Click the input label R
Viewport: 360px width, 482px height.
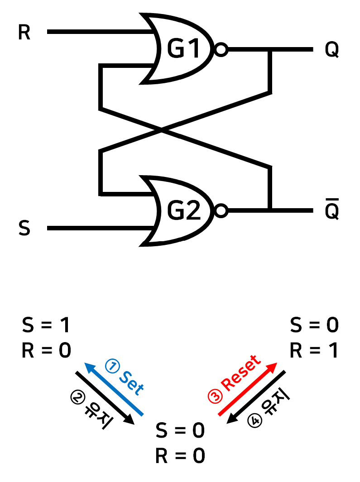click(x=24, y=33)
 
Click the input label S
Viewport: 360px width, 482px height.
click(x=24, y=228)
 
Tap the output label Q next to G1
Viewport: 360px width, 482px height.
click(x=332, y=50)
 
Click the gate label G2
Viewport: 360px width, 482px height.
click(x=183, y=211)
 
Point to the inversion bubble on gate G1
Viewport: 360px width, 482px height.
click(x=221, y=50)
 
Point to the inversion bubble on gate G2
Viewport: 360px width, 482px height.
click(x=221, y=211)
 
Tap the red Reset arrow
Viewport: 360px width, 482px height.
click(x=247, y=389)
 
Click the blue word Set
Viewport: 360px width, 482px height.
click(x=131, y=383)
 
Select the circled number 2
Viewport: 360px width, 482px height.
click(x=77, y=397)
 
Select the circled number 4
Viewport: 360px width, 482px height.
click(x=256, y=420)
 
